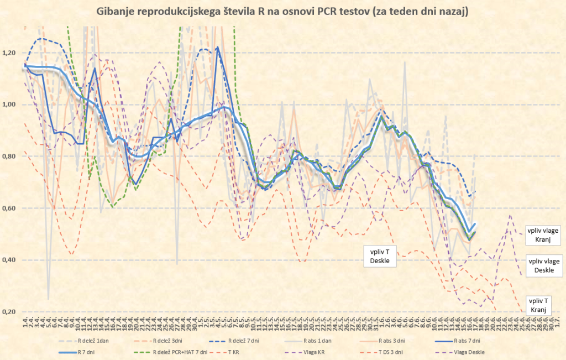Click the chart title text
click(x=282, y=12)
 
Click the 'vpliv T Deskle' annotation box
click(x=380, y=255)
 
